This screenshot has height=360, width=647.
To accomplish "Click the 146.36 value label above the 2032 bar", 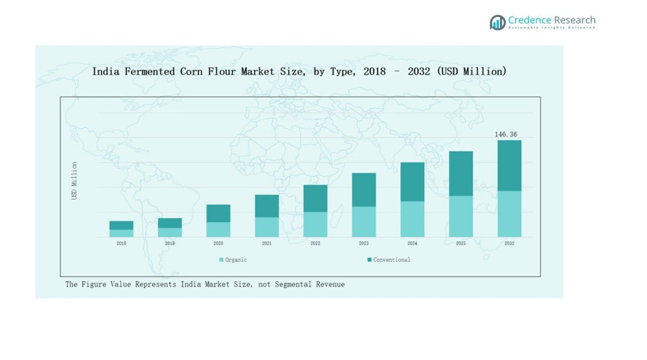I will pyautogui.click(x=506, y=134).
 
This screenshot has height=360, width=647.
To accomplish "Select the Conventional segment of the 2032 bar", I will pyautogui.click(x=509, y=165).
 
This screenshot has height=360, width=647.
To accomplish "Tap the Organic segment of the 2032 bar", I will pyautogui.click(x=509, y=213).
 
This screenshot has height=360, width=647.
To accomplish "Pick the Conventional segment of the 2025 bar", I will pyautogui.click(x=461, y=173).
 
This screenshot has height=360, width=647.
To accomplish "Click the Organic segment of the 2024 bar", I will pyautogui.click(x=412, y=219).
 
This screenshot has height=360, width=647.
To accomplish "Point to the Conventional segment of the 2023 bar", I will pyautogui.click(x=364, y=190).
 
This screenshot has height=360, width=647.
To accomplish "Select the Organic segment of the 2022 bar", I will pyautogui.click(x=315, y=224).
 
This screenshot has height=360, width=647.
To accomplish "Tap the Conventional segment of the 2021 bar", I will pyautogui.click(x=266, y=206).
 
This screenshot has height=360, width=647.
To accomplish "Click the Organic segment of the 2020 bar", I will pyautogui.click(x=218, y=230).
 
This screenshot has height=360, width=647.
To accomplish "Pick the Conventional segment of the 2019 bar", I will pyautogui.click(x=170, y=223).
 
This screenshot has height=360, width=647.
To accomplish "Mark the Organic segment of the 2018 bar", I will pyautogui.click(x=121, y=233).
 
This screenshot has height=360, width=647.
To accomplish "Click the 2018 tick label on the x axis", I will pyautogui.click(x=121, y=243).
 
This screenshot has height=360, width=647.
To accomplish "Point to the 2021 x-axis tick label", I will pyautogui.click(x=266, y=243).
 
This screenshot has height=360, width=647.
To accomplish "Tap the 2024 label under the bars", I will pyautogui.click(x=412, y=243).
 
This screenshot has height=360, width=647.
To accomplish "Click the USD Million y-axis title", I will pyautogui.click(x=75, y=181).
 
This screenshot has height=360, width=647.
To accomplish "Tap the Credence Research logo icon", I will pyautogui.click(x=497, y=22).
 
